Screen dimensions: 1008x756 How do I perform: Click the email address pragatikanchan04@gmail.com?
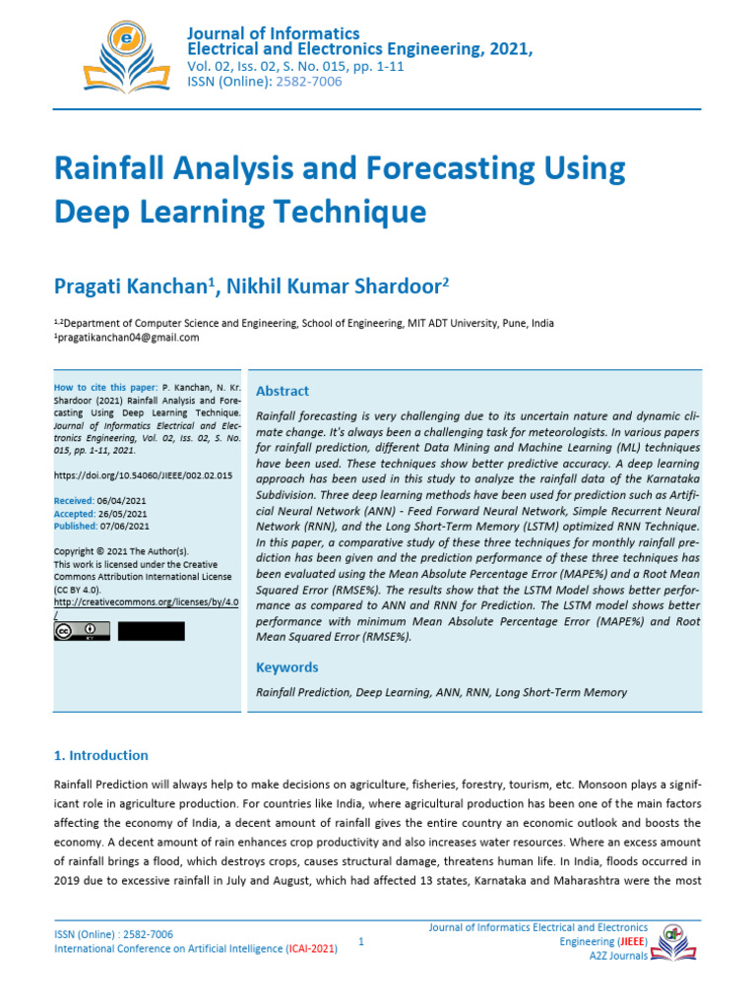pos(127,338)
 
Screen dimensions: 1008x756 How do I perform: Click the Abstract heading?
pos(283,391)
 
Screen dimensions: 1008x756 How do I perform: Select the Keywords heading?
pos(287,667)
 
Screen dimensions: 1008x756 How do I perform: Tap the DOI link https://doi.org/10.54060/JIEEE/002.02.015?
pos(143,475)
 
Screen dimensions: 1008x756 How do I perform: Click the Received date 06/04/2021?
pos(123,501)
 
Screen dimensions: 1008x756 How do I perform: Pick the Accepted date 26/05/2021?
pos(123,514)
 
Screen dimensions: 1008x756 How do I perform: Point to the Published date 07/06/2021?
pos(125,527)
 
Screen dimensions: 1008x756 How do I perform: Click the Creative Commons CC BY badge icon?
pos(82,631)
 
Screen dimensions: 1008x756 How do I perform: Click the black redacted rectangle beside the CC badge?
pos(151,631)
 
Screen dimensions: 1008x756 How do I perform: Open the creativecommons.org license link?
pos(146,601)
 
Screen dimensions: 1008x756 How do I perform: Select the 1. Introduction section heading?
pos(100,755)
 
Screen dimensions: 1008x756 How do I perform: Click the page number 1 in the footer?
pos(362,942)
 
